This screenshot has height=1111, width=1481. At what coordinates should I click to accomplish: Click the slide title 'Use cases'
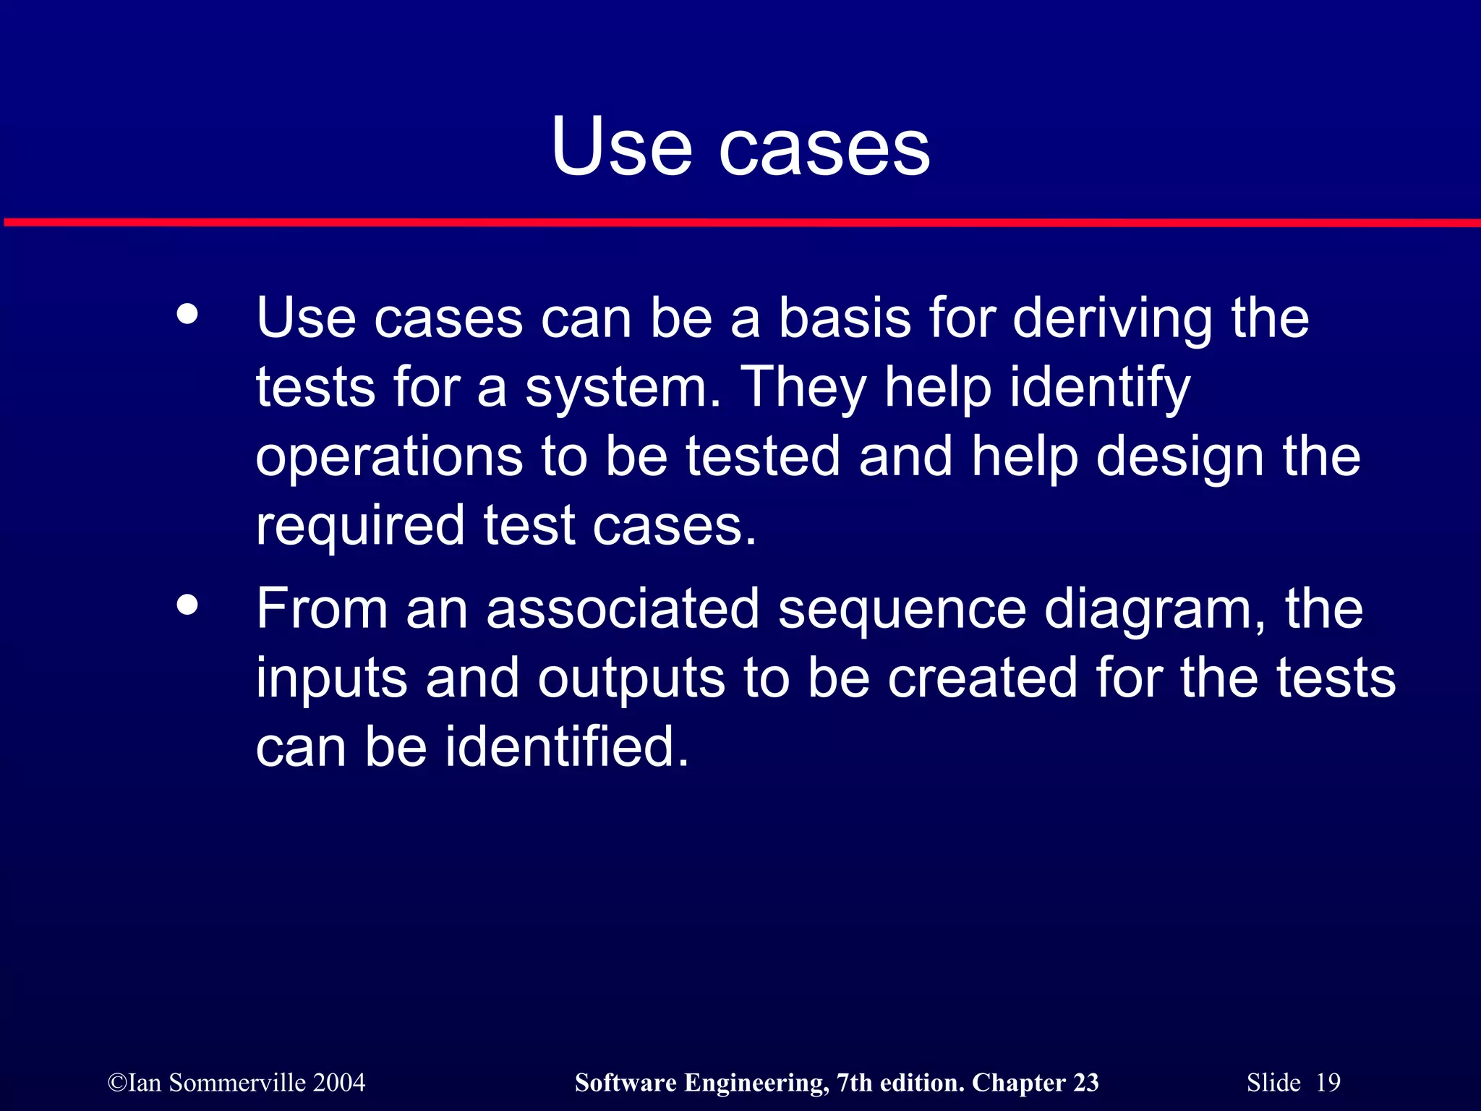coord(740,148)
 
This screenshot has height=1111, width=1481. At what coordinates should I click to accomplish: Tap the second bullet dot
coord(187,605)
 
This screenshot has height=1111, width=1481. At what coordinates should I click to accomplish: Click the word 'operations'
coord(389,457)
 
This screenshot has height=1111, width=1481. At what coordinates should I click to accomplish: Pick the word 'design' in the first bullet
coord(1180,457)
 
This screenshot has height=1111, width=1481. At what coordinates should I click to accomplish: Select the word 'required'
coord(360,526)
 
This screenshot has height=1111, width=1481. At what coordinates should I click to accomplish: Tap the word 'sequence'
coord(902,610)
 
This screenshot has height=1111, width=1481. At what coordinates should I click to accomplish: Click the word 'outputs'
coord(631,678)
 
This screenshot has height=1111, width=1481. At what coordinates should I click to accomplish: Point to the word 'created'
coord(982,678)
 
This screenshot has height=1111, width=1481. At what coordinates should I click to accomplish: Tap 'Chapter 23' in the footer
coord(1035,1083)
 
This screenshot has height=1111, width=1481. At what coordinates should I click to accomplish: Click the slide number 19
coord(1328,1083)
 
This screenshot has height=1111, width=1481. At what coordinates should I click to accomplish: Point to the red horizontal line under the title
coord(740,222)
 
